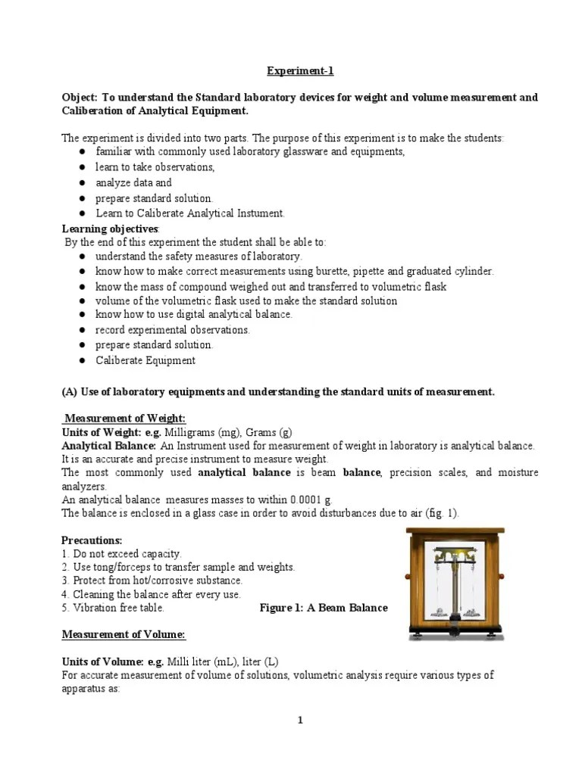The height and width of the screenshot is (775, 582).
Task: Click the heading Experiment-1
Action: [299, 71]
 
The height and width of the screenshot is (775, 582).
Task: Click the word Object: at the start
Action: [80, 98]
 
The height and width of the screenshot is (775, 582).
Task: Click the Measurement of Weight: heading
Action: [125, 419]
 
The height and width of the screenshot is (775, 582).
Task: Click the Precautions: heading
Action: [92, 540]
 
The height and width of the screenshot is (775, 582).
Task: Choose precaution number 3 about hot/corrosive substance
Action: [152, 580]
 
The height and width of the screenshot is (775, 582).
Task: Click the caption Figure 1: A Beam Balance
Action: [324, 608]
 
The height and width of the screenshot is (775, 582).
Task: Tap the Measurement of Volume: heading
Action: [124, 633]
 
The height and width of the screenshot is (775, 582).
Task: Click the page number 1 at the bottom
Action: [299, 720]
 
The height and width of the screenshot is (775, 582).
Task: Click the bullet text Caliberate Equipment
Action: [145, 360]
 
